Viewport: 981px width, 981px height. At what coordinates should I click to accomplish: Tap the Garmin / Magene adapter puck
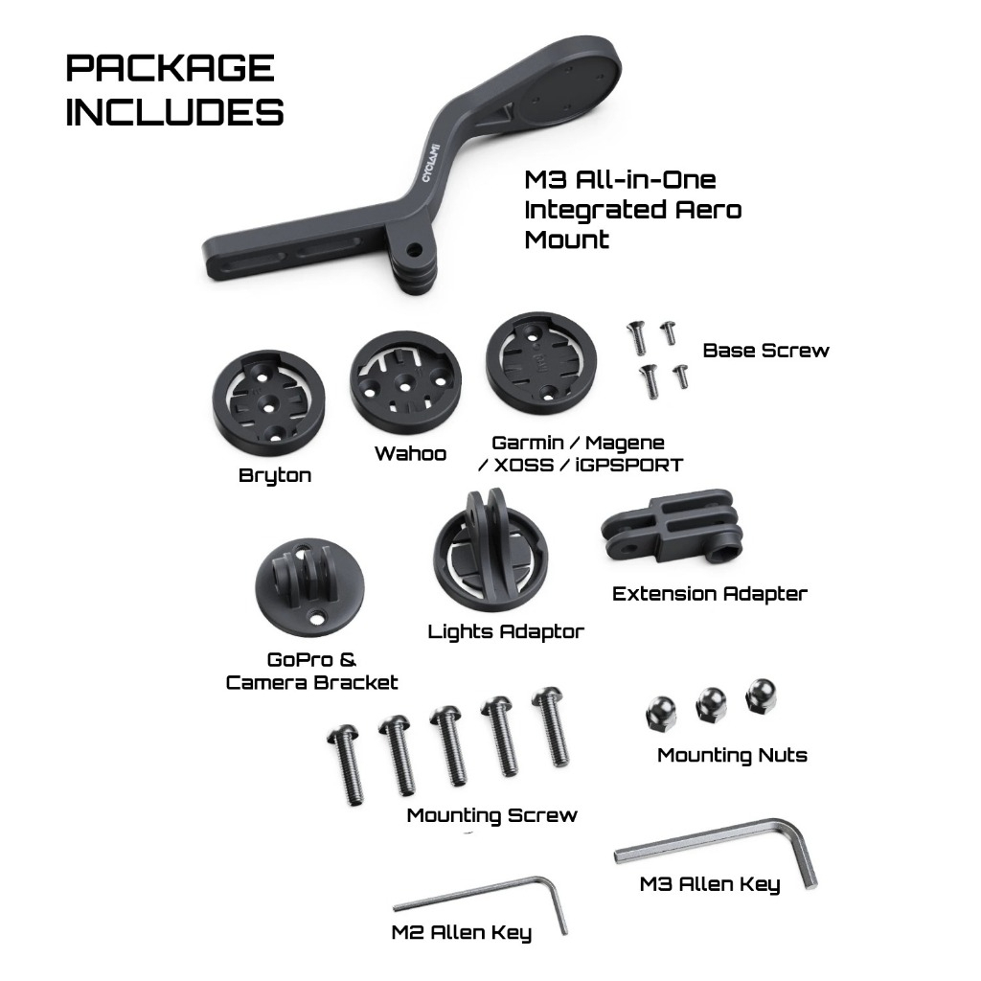click(x=541, y=363)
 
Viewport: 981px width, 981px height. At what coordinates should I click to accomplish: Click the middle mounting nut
click(x=712, y=705)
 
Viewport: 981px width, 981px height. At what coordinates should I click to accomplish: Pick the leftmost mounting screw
click(x=346, y=764)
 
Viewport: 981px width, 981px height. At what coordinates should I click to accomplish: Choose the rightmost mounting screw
click(x=551, y=726)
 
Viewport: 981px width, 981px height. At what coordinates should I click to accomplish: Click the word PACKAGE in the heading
click(x=171, y=68)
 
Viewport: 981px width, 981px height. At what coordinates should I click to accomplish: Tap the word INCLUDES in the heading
click(x=174, y=112)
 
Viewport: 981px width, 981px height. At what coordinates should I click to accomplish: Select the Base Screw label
click(x=765, y=351)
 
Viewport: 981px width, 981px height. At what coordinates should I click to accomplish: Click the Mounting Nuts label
click(x=732, y=755)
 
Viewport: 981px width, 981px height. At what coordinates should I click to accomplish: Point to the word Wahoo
click(x=410, y=453)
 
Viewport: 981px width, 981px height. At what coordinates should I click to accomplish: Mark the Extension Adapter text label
click(x=710, y=594)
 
